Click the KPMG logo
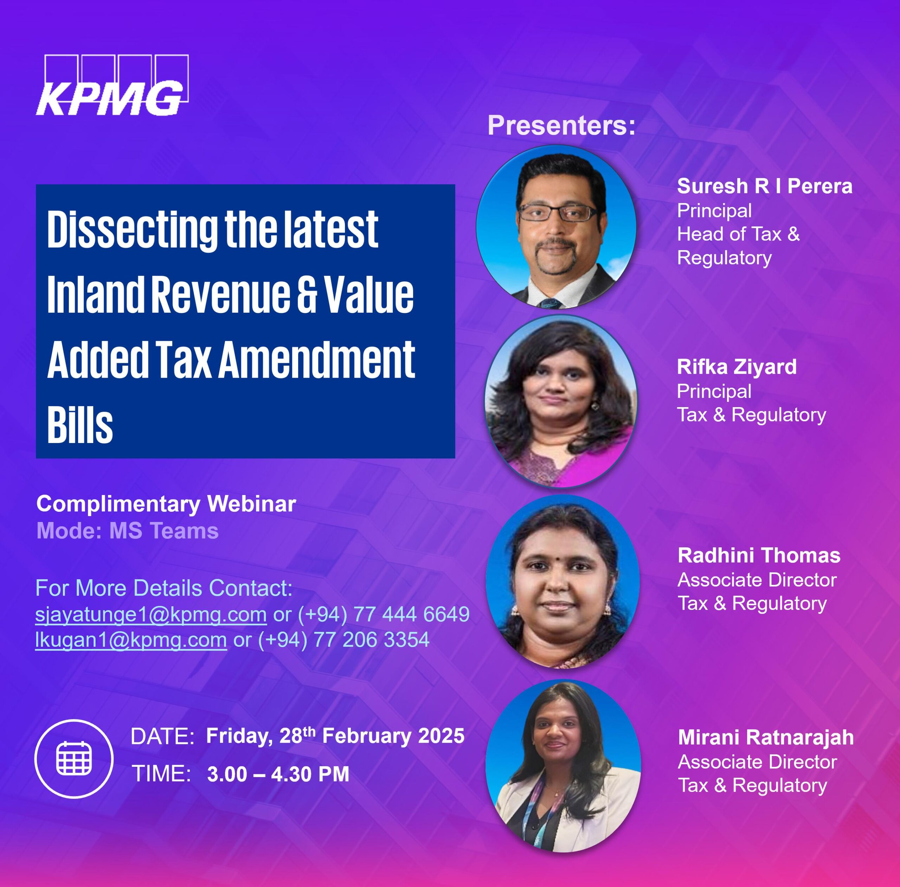[x=112, y=85]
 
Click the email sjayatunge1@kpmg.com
[x=151, y=614]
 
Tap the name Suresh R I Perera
[x=764, y=186]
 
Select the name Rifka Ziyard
[x=737, y=367]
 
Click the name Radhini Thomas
[x=759, y=555]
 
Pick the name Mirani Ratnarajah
[x=766, y=738]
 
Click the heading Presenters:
[x=561, y=126]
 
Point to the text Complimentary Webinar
[x=166, y=504]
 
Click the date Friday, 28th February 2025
[x=335, y=736]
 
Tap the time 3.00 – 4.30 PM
[x=278, y=774]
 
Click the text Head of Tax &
[x=738, y=234]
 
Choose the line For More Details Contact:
[x=164, y=588]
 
